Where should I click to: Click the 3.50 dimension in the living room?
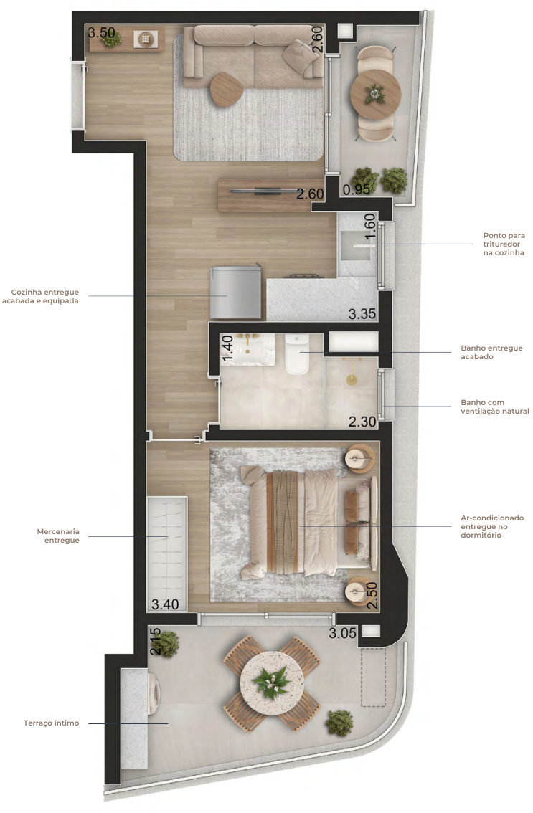pyautogui.click(x=101, y=33)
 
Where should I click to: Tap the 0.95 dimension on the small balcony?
pyautogui.click(x=357, y=190)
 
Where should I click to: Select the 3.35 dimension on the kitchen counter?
pyautogui.click(x=362, y=314)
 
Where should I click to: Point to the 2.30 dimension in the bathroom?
pyautogui.click(x=362, y=422)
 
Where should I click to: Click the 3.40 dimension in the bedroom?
pyautogui.click(x=165, y=604)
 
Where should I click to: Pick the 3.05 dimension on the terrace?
pyautogui.click(x=342, y=632)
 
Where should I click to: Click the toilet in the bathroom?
pyautogui.click(x=297, y=353)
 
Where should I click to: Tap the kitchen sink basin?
pyautogui.click(x=356, y=247)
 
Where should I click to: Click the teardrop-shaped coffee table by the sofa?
pyautogui.click(x=226, y=89)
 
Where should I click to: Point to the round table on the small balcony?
pyautogui.click(x=375, y=94)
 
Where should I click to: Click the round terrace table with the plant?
pyautogui.click(x=271, y=683)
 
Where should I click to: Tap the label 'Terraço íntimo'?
pyautogui.click(x=52, y=723)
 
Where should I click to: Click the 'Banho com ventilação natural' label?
pyautogui.click(x=494, y=406)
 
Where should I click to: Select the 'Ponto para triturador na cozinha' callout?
pyautogui.click(x=504, y=244)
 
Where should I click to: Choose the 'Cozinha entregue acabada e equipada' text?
pyautogui.click(x=40, y=296)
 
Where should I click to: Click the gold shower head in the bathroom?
pyautogui.click(x=352, y=380)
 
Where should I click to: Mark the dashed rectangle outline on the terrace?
pyautogui.click(x=373, y=677)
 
